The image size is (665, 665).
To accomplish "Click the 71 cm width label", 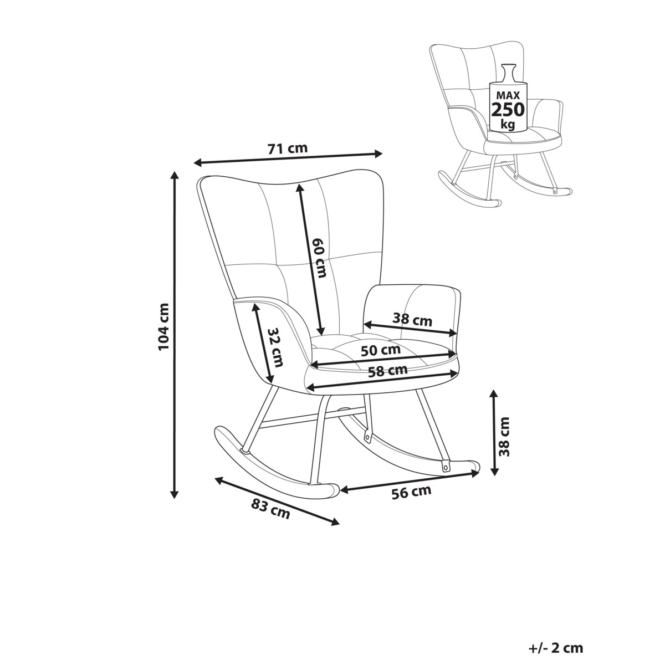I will pyautogui.click(x=287, y=149).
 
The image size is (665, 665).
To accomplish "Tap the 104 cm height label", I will pyautogui.click(x=163, y=327).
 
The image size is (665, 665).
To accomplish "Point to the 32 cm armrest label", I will pyautogui.click(x=275, y=347).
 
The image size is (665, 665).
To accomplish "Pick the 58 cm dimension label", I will pyautogui.click(x=388, y=371).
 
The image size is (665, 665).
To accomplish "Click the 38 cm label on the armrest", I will pyautogui.click(x=412, y=319).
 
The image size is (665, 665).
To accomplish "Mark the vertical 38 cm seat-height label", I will pyautogui.click(x=505, y=436).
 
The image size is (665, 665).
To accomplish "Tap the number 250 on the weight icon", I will pyautogui.click(x=507, y=109).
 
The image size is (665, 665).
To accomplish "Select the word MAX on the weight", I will pyautogui.click(x=507, y=92).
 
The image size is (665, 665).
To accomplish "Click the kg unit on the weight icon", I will pyautogui.click(x=507, y=124).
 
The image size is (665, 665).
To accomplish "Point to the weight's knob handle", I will pyautogui.click(x=508, y=68).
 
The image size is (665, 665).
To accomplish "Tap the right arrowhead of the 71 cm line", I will pyautogui.click(x=380, y=154).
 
